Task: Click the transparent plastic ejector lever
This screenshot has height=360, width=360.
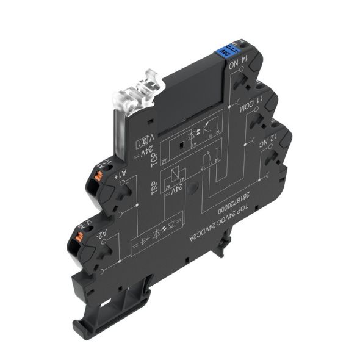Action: tap(135, 92)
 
